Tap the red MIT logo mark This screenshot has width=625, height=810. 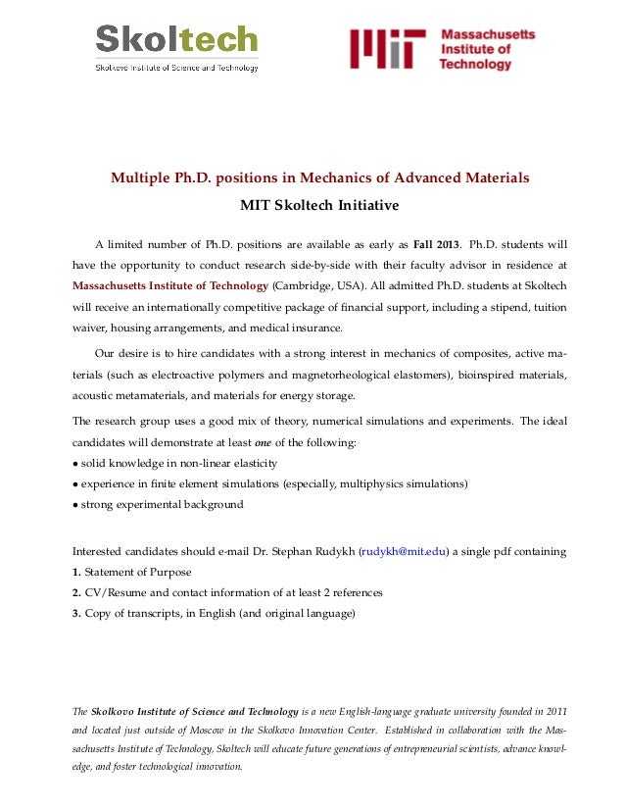point(388,49)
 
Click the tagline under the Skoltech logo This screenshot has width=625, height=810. point(176,68)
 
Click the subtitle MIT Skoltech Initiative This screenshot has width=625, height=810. point(319,206)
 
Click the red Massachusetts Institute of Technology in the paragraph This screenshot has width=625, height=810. point(170,285)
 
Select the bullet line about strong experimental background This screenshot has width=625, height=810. point(162,505)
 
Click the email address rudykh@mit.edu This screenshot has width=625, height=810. point(403,552)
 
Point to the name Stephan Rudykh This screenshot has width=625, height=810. point(311,552)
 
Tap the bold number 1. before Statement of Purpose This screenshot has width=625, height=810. point(77,573)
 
